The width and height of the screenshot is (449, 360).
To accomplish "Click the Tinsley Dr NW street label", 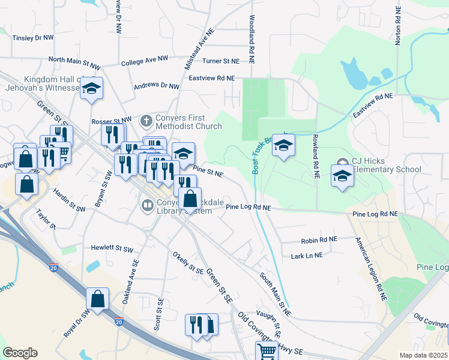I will [x=32, y=38].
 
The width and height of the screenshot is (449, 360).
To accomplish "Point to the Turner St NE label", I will [x=220, y=61].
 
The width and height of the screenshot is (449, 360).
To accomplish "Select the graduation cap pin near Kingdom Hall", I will [x=91, y=89].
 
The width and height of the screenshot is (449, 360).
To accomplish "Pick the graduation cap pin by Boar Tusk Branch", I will [x=284, y=145].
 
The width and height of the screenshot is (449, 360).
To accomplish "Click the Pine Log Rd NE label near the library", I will [x=249, y=207].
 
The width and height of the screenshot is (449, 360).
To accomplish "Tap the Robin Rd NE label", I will [x=319, y=239].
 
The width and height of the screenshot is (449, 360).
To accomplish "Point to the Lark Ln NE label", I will [x=307, y=255].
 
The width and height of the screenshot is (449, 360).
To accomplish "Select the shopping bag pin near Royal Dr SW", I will [x=97, y=298].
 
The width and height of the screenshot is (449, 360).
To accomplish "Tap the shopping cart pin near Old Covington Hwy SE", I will [x=267, y=351].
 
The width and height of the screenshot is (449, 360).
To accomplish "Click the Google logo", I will [x=20, y=353].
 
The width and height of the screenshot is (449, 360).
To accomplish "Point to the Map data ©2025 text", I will [x=423, y=355].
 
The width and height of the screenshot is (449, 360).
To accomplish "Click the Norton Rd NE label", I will [x=398, y=27].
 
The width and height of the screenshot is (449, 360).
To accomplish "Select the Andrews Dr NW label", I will [x=156, y=86].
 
